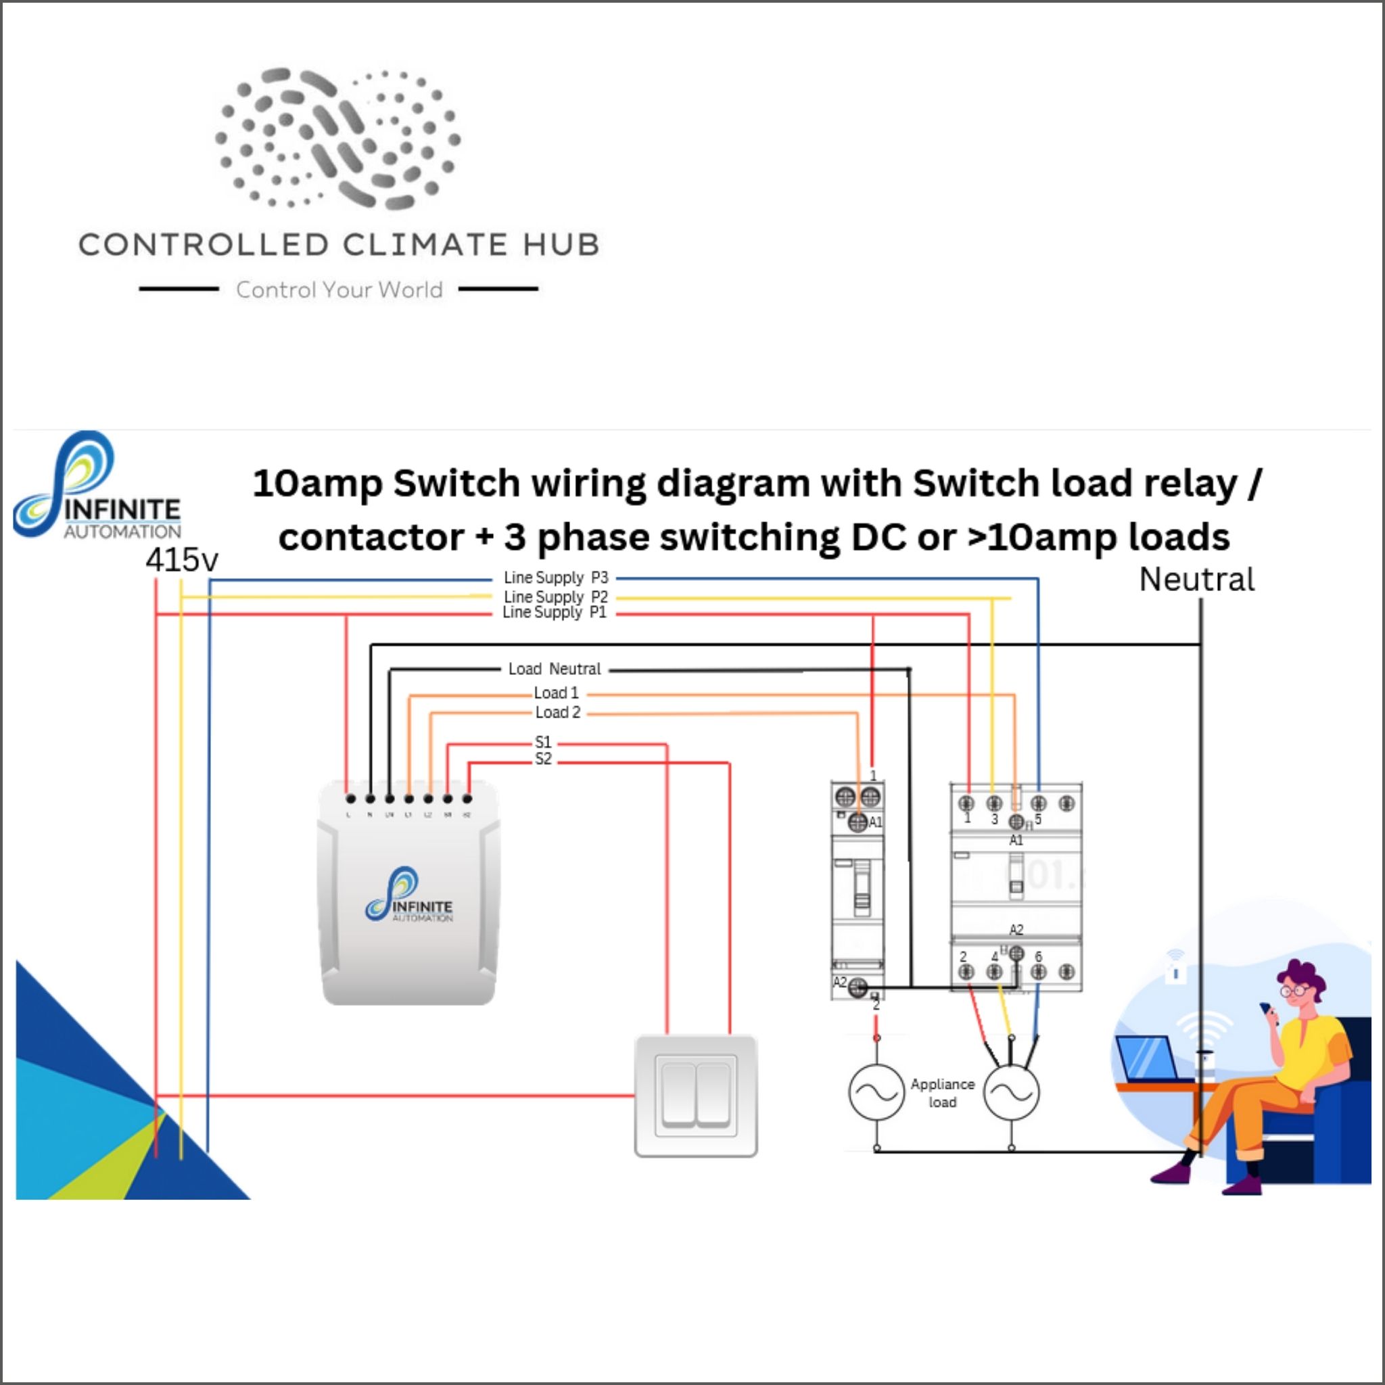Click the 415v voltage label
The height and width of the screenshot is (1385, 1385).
point(181,560)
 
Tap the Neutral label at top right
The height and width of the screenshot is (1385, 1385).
point(1196,580)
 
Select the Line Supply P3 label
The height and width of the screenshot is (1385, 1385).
point(556,578)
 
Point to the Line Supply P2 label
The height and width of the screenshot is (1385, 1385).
point(556,596)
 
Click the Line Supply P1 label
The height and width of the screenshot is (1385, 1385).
point(554,612)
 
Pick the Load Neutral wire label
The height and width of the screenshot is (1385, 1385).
point(554,669)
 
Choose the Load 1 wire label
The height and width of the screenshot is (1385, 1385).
point(556,693)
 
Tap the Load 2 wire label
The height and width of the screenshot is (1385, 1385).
point(558,713)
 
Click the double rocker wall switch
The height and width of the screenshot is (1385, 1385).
point(695,1096)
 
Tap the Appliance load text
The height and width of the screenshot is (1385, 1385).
point(942,1094)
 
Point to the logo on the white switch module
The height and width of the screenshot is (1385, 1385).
point(408,895)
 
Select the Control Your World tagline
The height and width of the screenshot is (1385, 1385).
point(339,289)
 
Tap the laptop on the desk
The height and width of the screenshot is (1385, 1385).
point(1147,1059)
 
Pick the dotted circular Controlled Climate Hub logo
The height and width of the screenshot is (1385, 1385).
point(338,139)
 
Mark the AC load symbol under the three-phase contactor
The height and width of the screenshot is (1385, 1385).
point(1011,1093)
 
